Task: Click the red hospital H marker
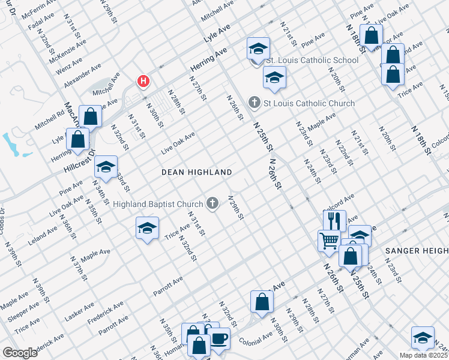pyautogui.click(x=143, y=81)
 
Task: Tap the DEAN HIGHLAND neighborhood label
pyautogui.click(x=197, y=172)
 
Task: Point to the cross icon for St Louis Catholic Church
pyautogui.click(x=254, y=103)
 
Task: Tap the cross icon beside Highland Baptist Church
pyautogui.click(x=211, y=205)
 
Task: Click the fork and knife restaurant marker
pyautogui.click(x=334, y=220)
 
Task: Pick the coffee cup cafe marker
pyautogui.click(x=218, y=338)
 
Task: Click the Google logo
pyautogui.click(x=20, y=353)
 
